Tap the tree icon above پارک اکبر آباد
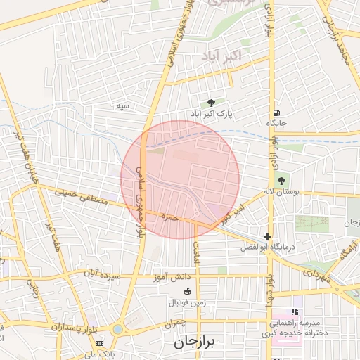click(210, 103)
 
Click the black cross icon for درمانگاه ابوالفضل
click(267, 237)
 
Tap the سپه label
click(124, 106)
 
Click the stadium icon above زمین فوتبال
click(188, 292)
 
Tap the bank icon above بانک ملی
click(99, 342)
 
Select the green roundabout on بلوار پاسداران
click(117, 328)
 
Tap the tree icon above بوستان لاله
click(282, 181)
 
